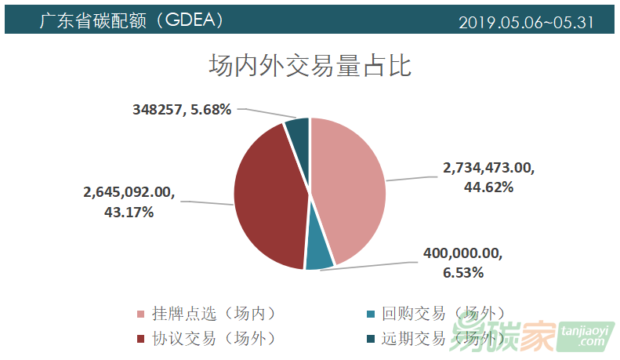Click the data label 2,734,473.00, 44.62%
point(488,176)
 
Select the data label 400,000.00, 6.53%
point(463,263)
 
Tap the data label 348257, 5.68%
point(181,110)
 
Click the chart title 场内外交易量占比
point(310,65)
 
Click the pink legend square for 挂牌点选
point(140,315)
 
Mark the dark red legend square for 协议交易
point(140,339)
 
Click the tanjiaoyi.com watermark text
point(586,336)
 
